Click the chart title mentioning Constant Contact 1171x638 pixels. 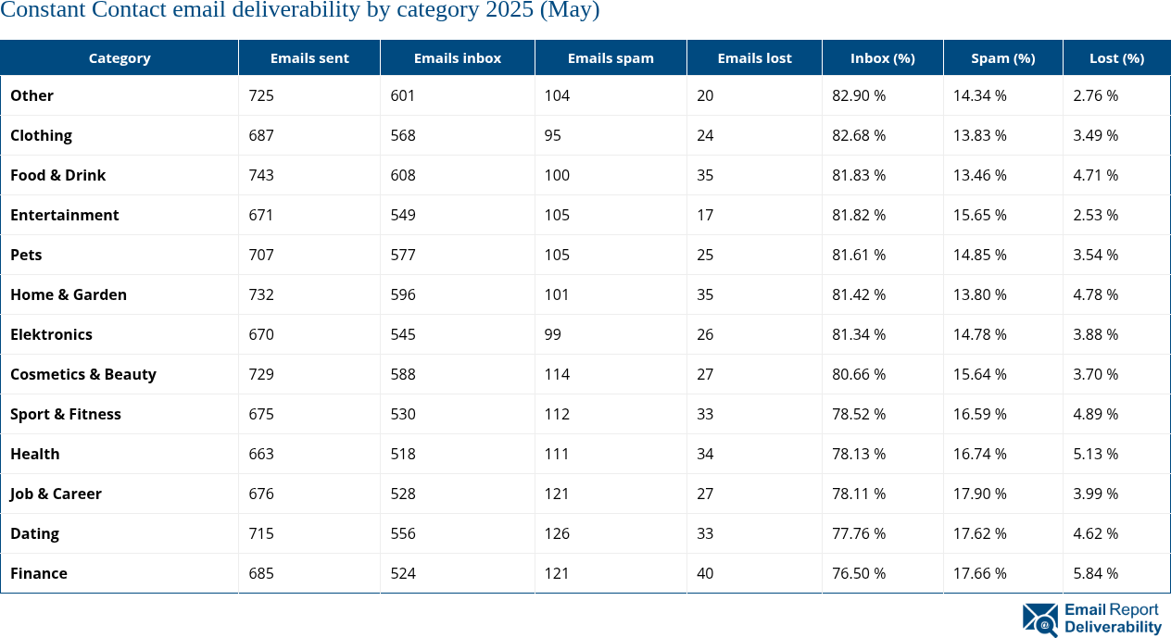click(300, 11)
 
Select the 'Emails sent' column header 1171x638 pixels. click(309, 57)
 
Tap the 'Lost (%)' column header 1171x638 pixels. click(1116, 57)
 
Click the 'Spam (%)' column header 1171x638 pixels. click(1002, 57)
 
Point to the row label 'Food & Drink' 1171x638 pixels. click(58, 175)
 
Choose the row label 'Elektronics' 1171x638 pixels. click(52, 334)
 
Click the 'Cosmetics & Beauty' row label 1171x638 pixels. click(83, 374)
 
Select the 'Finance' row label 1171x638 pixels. click(39, 573)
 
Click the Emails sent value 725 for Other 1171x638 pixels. click(261, 95)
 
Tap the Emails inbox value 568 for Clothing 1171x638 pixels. click(403, 135)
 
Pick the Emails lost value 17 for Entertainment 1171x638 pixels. click(705, 215)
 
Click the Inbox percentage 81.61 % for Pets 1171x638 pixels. click(859, 255)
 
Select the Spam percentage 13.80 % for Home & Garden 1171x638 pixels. click(980, 294)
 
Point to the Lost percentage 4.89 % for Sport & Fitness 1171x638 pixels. click(1096, 414)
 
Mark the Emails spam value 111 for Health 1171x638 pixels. click(557, 454)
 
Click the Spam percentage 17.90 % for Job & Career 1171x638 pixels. click(980, 494)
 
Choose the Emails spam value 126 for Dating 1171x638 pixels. click(557, 533)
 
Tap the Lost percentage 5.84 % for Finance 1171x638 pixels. click(1096, 573)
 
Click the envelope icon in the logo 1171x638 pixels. click(1040, 619)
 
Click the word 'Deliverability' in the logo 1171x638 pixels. click(1113, 627)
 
